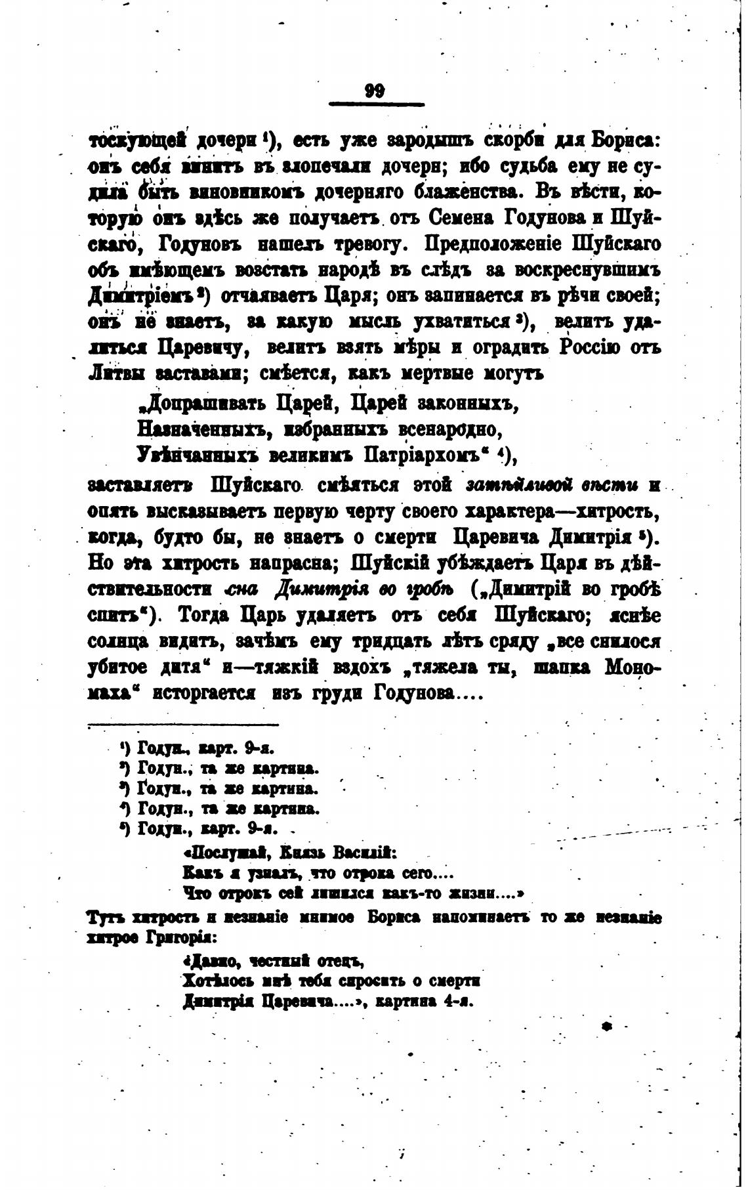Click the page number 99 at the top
click(375, 91)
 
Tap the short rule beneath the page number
click(375, 104)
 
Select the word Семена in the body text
click(463, 218)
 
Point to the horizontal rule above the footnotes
click(184, 725)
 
